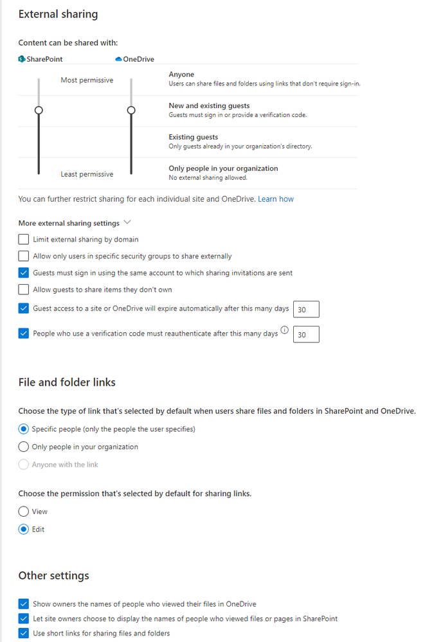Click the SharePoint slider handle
coord(39,111)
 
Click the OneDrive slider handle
coord(131,111)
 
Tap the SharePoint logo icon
coord(22,59)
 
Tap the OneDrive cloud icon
coord(118,59)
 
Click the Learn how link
coord(275,199)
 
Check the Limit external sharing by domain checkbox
coord(24,240)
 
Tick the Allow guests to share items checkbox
coord(24,290)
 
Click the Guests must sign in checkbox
coord(24,273)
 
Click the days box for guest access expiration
coord(305,310)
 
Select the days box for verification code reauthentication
coord(305,335)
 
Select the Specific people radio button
coord(24,429)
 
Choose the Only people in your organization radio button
coord(24,447)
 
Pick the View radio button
coord(24,512)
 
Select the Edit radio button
coord(24,530)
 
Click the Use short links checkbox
coord(24,634)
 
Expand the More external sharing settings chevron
coord(127,222)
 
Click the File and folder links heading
coord(67,382)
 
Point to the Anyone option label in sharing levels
coord(181,75)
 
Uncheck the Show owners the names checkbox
coord(24,604)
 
